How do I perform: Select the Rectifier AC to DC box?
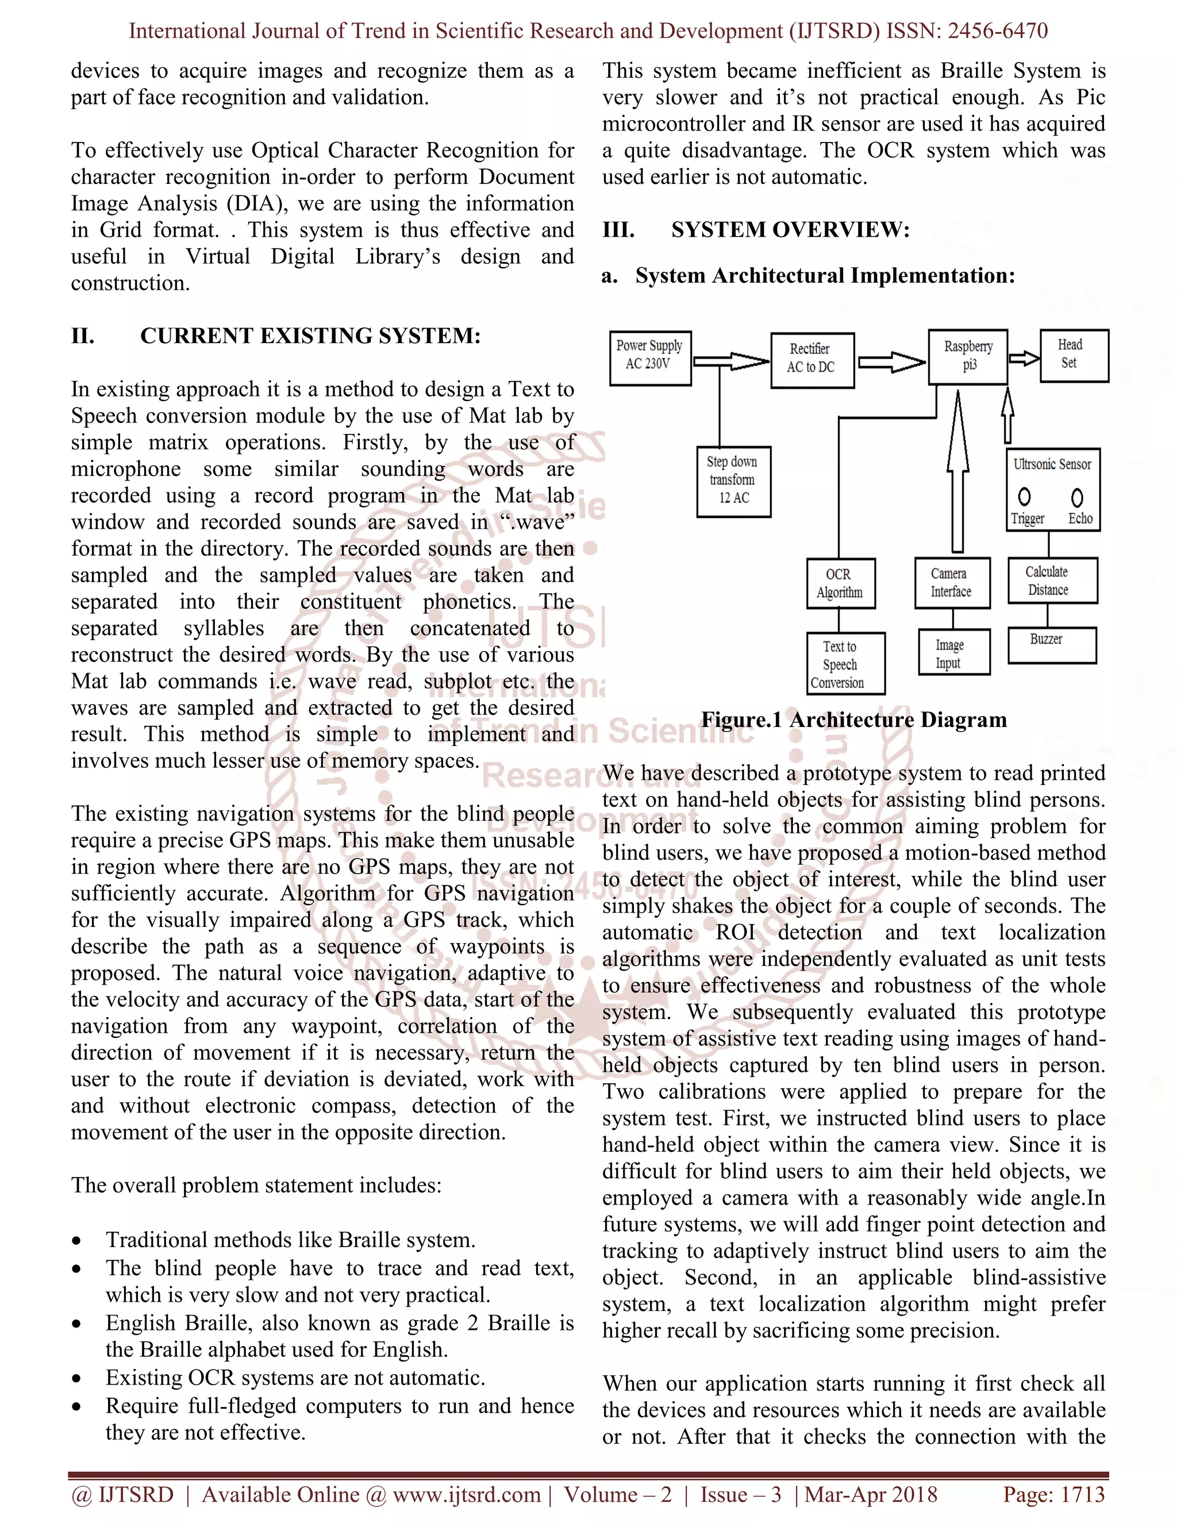[x=811, y=360]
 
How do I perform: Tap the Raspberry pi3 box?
[x=968, y=357]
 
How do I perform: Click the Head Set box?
[x=1073, y=356]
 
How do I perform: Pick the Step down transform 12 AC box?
[x=733, y=481]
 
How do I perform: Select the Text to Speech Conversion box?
[x=845, y=664]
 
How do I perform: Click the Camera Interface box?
[x=951, y=583]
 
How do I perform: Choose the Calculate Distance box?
[x=1052, y=581]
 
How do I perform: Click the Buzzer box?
[x=1052, y=645]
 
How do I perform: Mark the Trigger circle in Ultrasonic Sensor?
[x=1024, y=497]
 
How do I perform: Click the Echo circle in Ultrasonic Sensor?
[x=1078, y=497]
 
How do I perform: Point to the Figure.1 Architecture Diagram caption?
[x=853, y=720]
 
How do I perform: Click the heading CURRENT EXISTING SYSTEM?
[x=310, y=336]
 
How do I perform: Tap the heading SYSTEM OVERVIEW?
[x=790, y=230]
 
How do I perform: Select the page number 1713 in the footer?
[x=1082, y=1494]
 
